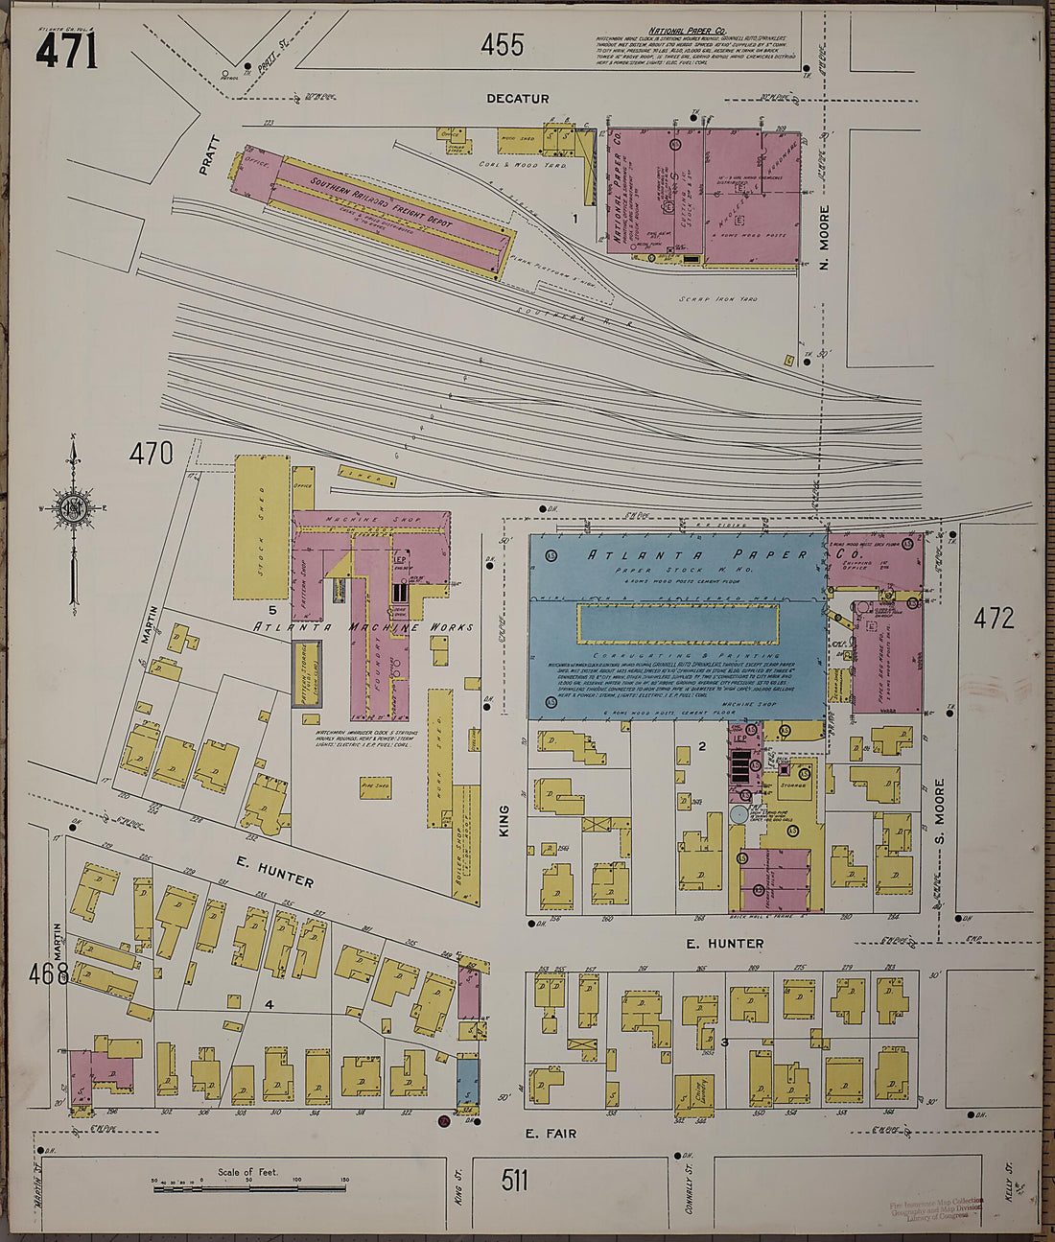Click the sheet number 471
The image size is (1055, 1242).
(66, 50)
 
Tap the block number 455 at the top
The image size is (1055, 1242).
(503, 44)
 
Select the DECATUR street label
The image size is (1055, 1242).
(517, 99)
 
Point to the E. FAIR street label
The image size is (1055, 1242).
(551, 1134)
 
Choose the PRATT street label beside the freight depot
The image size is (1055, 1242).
(210, 155)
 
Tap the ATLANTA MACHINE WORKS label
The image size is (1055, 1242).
(363, 627)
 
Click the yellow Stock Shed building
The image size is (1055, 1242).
(262, 527)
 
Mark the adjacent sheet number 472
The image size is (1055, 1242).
(994, 619)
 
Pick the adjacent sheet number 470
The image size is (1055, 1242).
(152, 453)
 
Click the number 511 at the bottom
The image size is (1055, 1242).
(514, 1180)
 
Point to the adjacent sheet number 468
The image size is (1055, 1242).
(48, 974)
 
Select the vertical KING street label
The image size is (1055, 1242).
(504, 822)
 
